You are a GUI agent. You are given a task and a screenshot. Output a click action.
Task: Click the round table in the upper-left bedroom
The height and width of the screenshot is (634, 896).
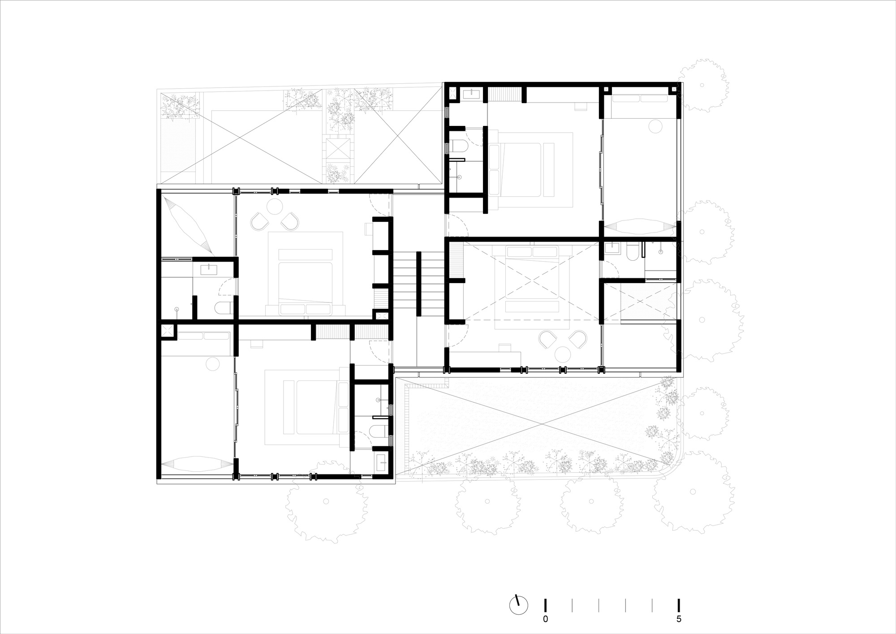[x=274, y=207]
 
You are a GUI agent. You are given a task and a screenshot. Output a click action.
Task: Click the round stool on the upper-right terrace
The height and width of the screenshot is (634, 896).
[x=655, y=126]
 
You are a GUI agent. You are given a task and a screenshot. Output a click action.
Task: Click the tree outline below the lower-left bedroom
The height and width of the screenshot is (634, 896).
[x=326, y=502]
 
